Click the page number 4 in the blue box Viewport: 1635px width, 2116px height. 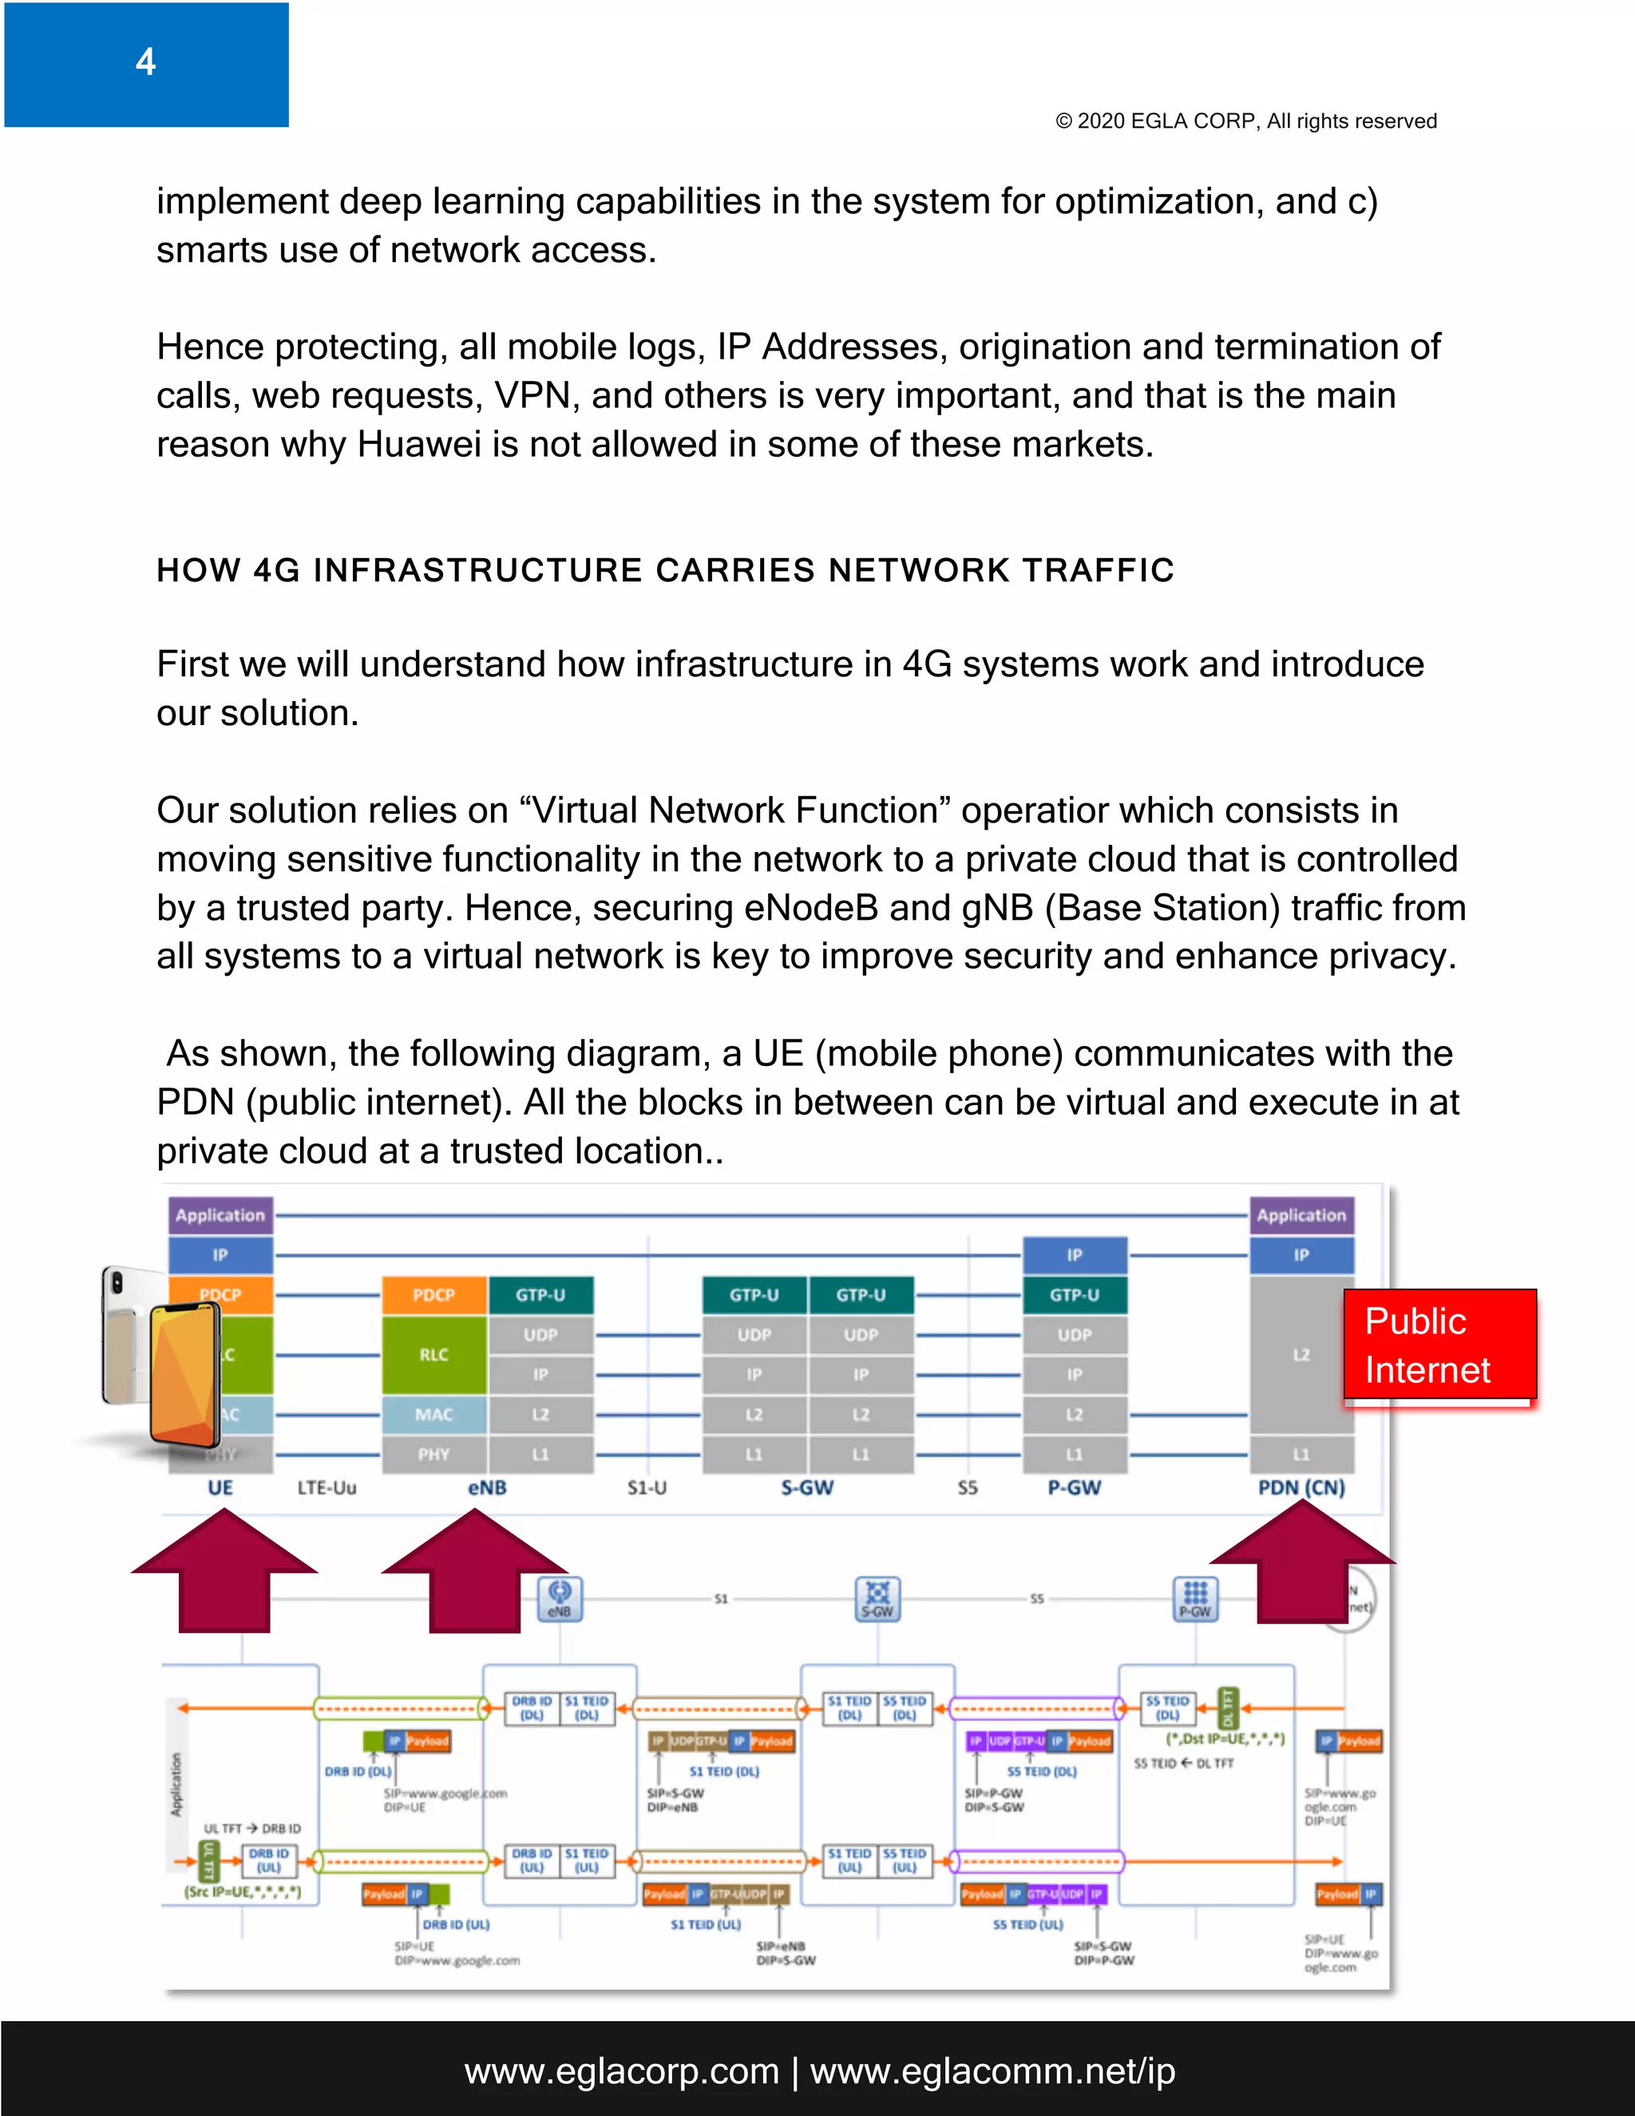145,62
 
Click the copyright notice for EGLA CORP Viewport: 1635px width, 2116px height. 1245,121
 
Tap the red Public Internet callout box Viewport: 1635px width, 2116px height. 1439,1345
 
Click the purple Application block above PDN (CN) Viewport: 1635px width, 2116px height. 1300,1215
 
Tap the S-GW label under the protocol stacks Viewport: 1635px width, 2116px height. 807,1488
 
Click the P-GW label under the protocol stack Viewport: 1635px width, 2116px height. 1075,1488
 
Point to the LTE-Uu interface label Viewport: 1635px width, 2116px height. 327,1488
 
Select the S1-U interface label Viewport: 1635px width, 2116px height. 646,1488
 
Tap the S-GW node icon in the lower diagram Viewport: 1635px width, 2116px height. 877,1599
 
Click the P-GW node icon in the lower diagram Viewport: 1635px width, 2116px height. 1195,1599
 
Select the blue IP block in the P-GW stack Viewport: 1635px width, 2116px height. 1075,1254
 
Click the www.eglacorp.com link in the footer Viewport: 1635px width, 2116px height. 622,2070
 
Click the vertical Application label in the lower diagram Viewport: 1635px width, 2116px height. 176,1784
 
